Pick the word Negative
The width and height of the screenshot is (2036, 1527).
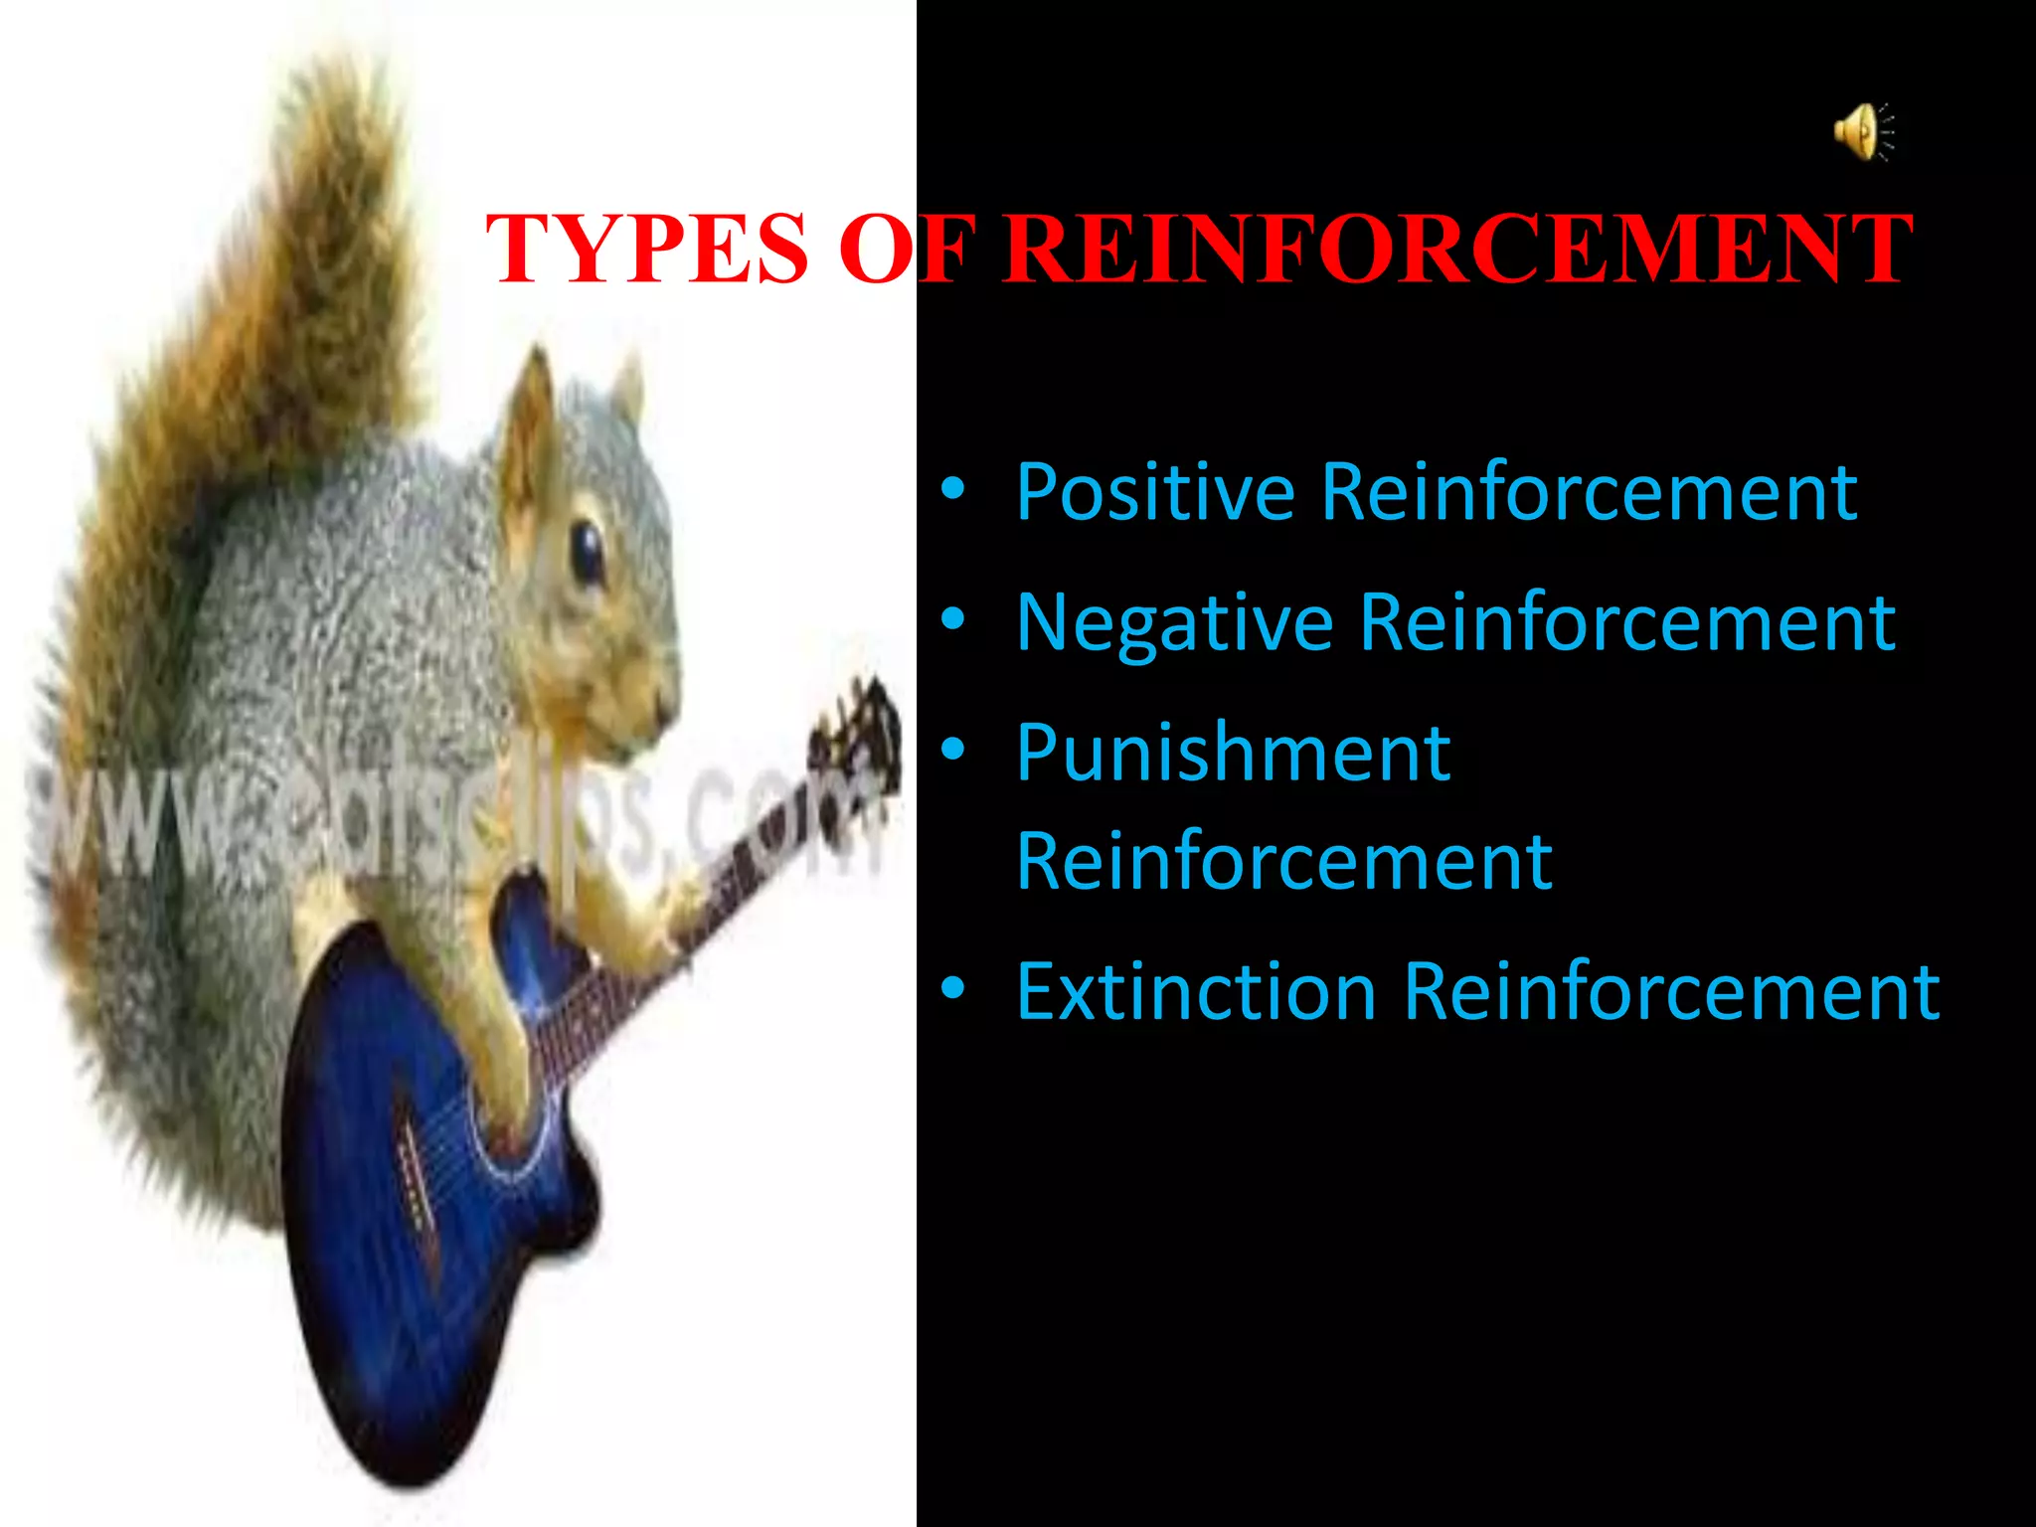coord(1174,623)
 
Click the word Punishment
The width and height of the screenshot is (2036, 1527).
coord(1233,753)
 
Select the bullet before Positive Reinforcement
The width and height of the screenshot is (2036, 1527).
coord(952,489)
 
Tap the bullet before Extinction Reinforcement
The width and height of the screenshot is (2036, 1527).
coord(952,988)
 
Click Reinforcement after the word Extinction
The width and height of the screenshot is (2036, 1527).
coord(1671,991)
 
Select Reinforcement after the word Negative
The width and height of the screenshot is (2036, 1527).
coord(1626,623)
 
